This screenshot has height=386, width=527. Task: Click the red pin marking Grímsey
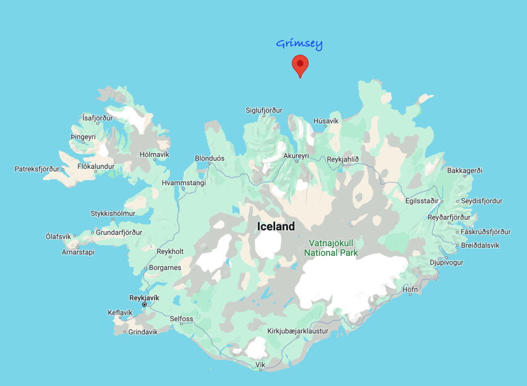300,65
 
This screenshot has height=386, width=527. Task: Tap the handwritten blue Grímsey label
299,44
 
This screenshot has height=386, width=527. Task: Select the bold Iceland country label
276,227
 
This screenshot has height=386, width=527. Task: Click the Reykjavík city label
144,298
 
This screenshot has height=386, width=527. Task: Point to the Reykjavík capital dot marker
144,304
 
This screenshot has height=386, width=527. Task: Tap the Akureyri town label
296,155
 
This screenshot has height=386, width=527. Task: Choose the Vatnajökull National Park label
331,248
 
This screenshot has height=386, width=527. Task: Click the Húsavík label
326,121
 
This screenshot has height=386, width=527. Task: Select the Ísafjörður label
97,118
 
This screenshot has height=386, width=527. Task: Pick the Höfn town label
410,289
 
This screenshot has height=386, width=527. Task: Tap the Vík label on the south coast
260,365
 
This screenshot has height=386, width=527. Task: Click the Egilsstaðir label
422,201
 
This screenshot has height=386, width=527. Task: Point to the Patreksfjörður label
37,169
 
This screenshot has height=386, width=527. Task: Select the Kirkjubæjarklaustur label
298,331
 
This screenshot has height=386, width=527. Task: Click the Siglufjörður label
264,110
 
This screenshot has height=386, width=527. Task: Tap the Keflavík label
120,312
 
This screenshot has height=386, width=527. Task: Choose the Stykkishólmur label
113,213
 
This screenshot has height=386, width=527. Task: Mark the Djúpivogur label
447,262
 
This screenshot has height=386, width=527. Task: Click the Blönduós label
209,158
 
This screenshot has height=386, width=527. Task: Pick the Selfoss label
182,319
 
